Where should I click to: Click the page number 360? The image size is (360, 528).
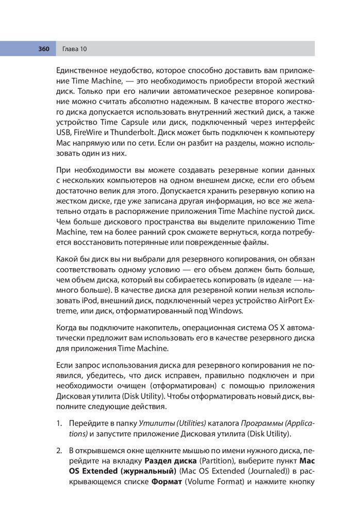coord(43,49)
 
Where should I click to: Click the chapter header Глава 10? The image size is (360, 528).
coord(74,49)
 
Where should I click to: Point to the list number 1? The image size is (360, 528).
coord(59,423)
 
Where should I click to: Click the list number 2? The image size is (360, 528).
coord(59,450)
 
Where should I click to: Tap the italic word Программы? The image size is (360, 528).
coord(242,423)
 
